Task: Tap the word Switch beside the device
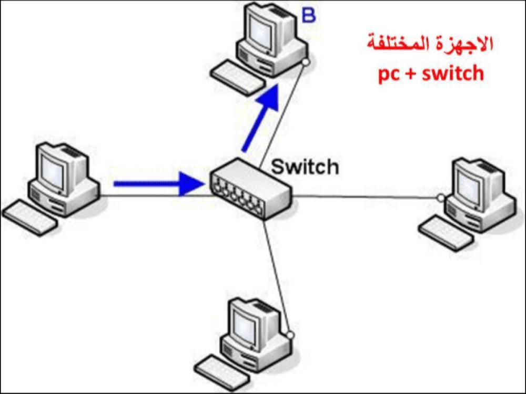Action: [305, 167]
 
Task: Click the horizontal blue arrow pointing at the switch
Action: [158, 183]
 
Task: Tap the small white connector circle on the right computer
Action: [441, 198]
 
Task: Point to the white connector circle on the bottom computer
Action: [289, 333]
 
